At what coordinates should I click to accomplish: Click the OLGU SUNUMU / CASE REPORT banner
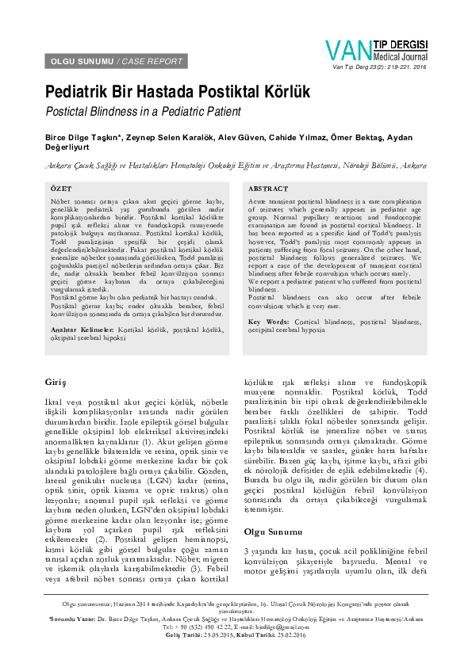[117, 61]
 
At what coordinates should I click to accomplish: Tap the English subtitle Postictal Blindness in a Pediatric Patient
[143, 112]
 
